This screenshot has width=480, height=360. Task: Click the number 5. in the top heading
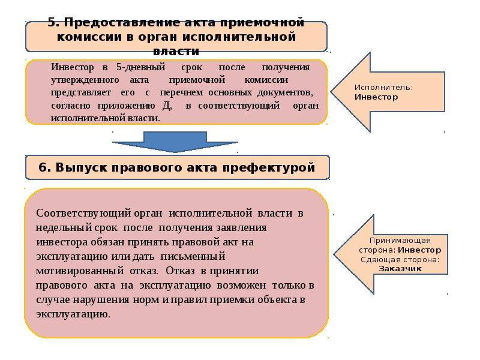(x=54, y=23)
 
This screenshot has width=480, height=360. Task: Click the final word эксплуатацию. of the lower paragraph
(x=73, y=313)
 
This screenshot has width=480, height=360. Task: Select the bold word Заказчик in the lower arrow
(x=400, y=268)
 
